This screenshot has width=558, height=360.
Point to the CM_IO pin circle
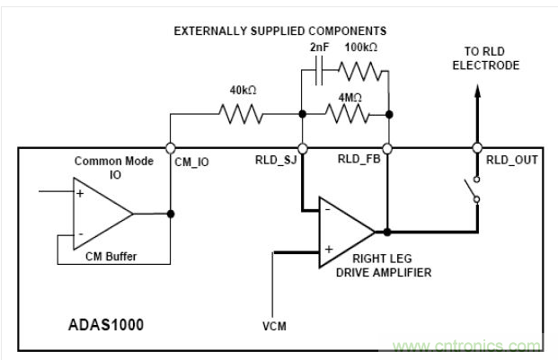171,148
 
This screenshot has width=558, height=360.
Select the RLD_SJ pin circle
302,148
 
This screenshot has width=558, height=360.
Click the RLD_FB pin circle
387,148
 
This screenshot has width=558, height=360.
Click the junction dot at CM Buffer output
171,214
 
